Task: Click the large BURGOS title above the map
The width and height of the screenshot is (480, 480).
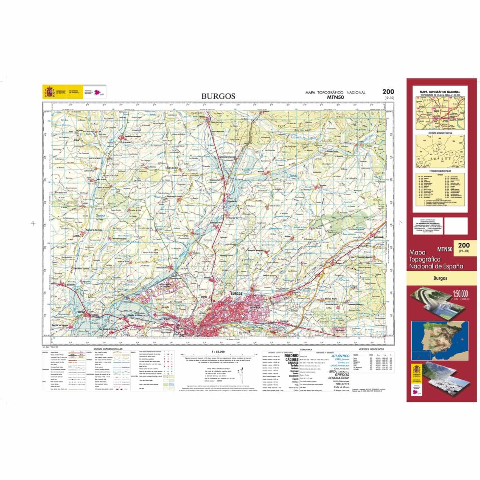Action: pos(218,96)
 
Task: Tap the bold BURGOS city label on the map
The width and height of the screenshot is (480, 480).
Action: pos(237,293)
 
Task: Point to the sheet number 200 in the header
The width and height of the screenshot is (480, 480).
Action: pos(388,92)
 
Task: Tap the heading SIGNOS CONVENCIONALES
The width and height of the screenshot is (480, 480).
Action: pos(108,349)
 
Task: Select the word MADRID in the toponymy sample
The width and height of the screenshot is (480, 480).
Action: pos(291,355)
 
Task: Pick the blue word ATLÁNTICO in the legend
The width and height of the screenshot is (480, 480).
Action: pos(340,356)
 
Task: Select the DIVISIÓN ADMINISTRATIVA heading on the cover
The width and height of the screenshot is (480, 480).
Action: pos(440,133)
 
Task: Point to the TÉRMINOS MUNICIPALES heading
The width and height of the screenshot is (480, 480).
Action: pos(440,171)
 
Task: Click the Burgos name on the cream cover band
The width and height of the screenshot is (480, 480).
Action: pos(440,278)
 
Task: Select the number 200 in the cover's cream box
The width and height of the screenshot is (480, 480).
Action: pos(464,245)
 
